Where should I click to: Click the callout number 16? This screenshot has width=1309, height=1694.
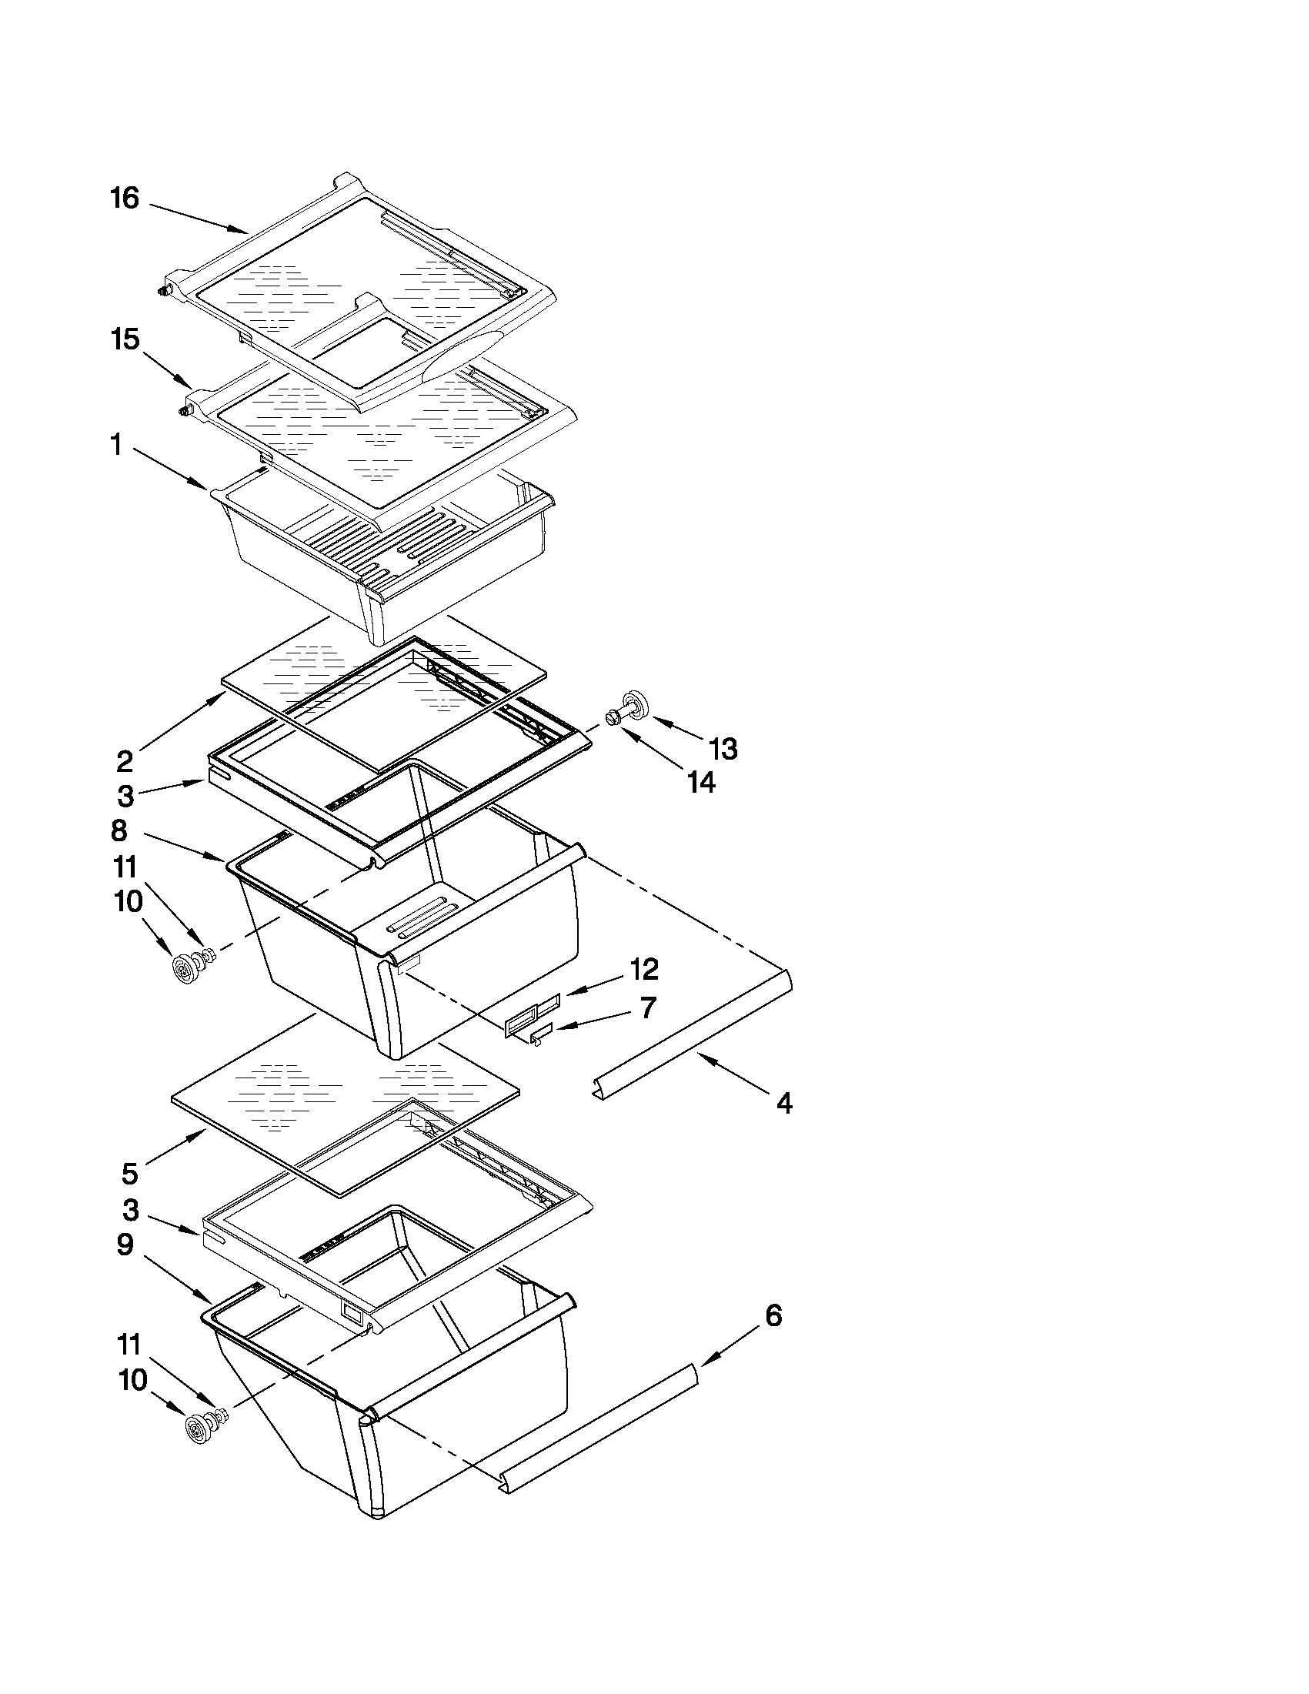[x=124, y=199]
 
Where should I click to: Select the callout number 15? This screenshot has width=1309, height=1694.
[x=125, y=339]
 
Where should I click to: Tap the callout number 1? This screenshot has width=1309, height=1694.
[x=115, y=445]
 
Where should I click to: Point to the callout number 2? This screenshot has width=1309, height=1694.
[x=125, y=762]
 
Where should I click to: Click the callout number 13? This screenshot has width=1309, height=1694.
[x=723, y=749]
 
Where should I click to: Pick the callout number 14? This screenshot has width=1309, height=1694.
[x=701, y=782]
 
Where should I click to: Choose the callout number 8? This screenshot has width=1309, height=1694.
[x=119, y=830]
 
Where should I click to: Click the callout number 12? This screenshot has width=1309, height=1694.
[x=643, y=969]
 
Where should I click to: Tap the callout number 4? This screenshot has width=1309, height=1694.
[x=785, y=1103]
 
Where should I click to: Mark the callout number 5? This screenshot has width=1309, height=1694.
[x=129, y=1174]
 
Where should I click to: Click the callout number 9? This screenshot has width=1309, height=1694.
[x=125, y=1245]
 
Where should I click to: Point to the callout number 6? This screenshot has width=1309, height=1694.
[x=773, y=1315]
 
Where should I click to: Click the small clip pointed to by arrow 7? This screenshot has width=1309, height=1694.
[x=540, y=1035]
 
